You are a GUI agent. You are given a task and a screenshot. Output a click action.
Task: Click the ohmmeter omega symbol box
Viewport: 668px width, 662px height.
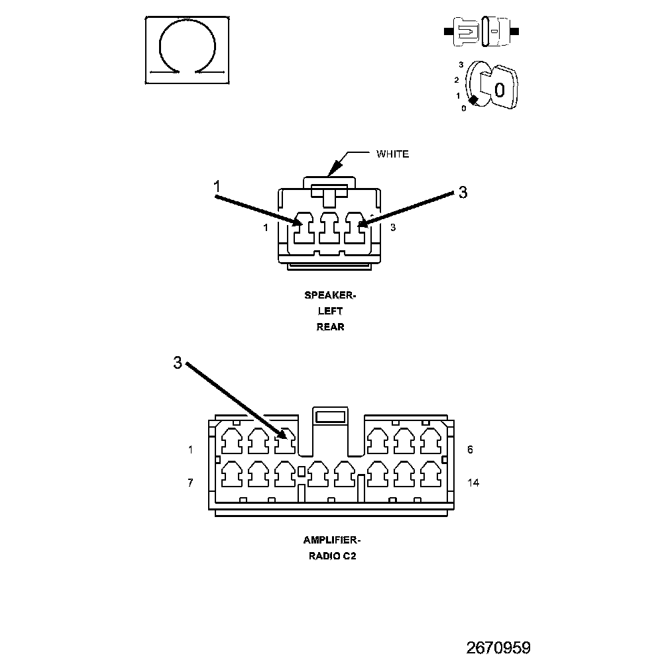click(x=188, y=50)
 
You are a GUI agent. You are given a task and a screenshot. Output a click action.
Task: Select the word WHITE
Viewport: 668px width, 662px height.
click(x=392, y=154)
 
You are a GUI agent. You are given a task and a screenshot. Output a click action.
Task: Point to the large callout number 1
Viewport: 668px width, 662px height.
click(x=217, y=187)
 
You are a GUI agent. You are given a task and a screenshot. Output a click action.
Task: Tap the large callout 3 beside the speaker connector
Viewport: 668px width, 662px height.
click(x=463, y=193)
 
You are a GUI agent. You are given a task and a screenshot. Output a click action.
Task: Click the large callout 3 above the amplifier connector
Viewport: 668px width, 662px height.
click(x=178, y=363)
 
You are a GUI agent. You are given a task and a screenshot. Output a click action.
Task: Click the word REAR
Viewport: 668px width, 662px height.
click(x=330, y=326)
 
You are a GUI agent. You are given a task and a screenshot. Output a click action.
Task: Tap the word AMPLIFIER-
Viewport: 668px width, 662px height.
click(x=332, y=540)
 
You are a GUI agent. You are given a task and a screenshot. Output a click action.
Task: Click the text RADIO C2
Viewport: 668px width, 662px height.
click(x=332, y=556)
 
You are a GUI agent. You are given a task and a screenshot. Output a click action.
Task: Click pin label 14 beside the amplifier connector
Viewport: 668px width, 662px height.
click(x=473, y=483)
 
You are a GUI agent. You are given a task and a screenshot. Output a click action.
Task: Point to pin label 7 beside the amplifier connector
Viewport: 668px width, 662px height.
click(x=190, y=483)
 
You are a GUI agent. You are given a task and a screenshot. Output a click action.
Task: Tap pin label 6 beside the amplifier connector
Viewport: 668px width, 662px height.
click(x=470, y=449)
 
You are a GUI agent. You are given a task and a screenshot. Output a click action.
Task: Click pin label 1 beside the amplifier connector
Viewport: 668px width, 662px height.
click(x=190, y=449)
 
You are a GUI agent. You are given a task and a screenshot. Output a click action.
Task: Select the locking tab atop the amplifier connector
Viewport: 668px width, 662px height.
click(x=331, y=416)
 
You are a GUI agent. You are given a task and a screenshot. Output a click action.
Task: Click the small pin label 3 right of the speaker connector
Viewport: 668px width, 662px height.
click(x=393, y=228)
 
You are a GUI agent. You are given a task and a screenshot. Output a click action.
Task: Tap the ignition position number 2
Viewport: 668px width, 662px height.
click(x=456, y=80)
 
